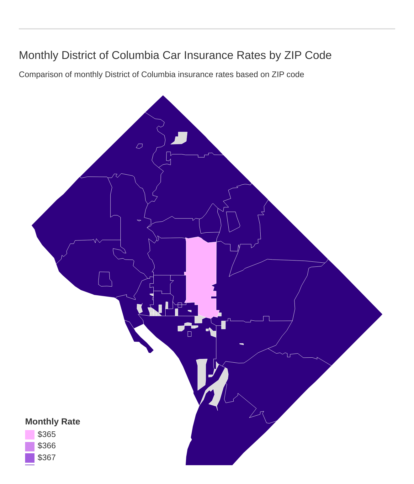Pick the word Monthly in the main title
point(39,55)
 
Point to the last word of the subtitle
point(295,75)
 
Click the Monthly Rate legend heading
point(52,422)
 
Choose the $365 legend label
point(46,434)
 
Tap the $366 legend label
point(46,446)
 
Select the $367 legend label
point(46,458)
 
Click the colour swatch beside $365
point(30,435)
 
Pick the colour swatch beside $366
point(30,446)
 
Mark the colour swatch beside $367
point(30,458)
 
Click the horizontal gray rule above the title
point(207,29)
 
